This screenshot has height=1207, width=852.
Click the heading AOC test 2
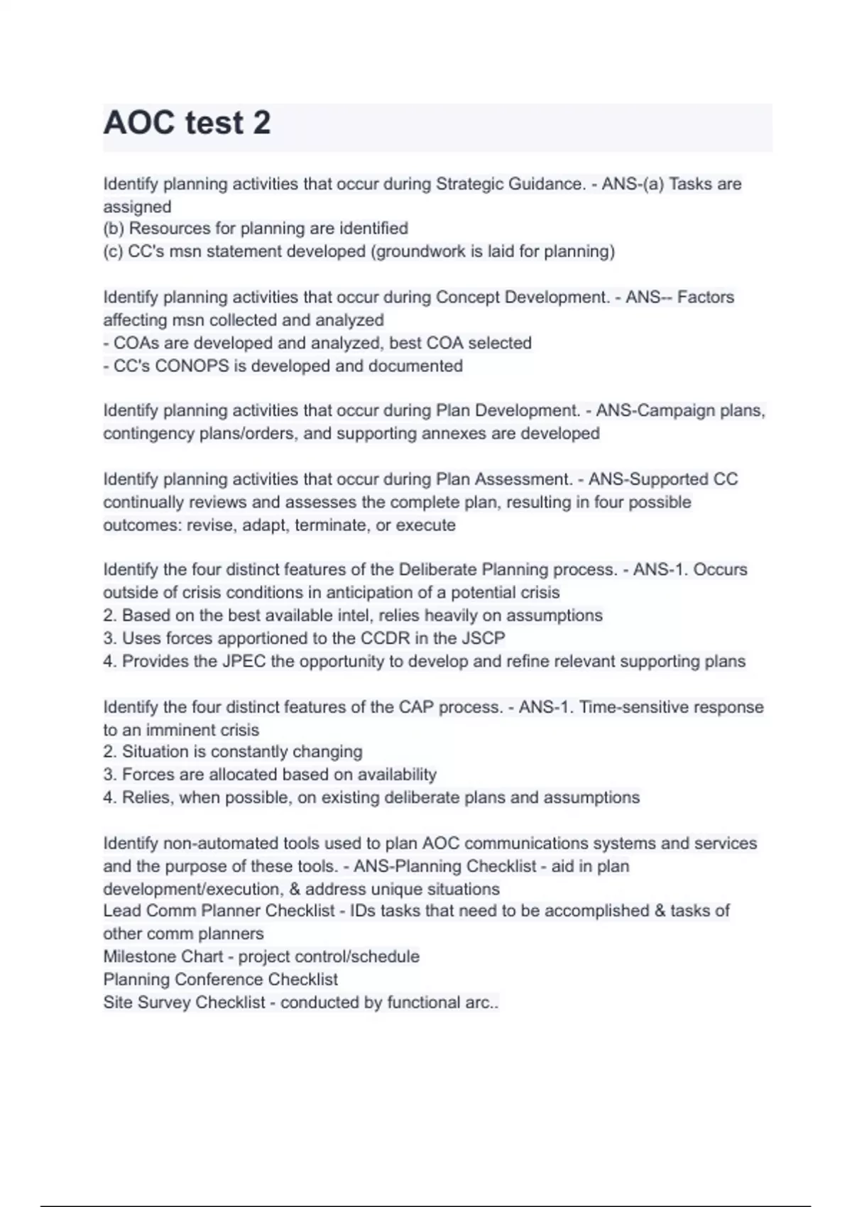coord(187,123)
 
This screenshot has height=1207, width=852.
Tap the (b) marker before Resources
coord(114,229)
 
